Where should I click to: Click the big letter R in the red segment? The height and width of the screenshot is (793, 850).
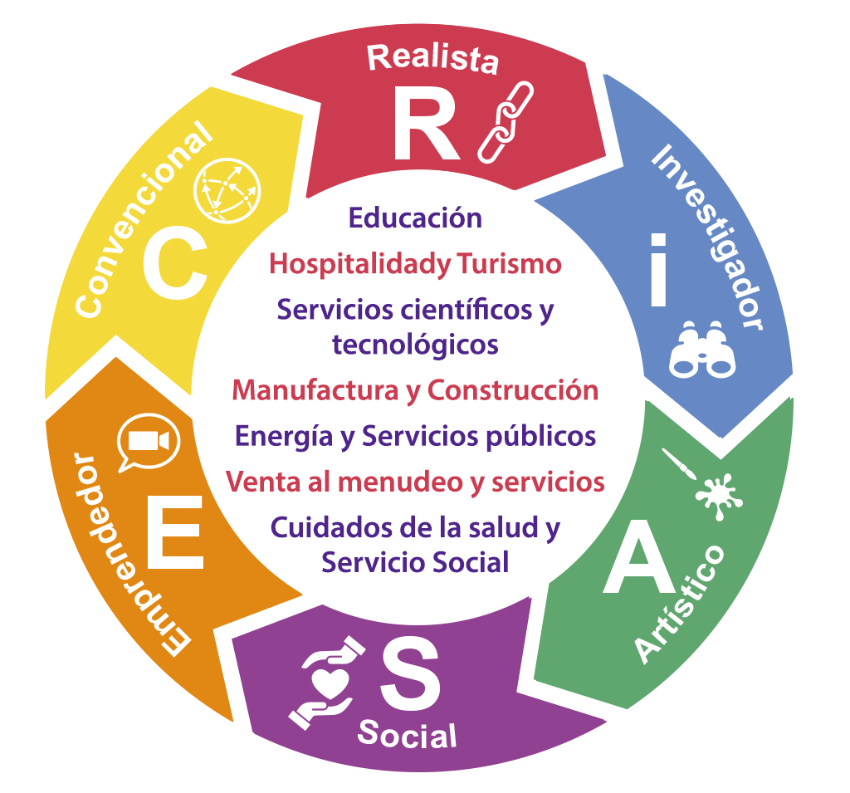[x=426, y=124]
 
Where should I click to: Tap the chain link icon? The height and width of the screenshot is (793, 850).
[x=506, y=122]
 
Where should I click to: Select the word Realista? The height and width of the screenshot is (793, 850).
[x=432, y=59]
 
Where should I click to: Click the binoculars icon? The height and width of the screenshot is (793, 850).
[x=702, y=350]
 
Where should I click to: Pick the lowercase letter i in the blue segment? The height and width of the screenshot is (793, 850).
[x=658, y=270]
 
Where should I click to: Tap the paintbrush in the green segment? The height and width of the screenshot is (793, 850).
[x=678, y=464]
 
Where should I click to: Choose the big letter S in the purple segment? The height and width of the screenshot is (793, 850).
[x=410, y=673]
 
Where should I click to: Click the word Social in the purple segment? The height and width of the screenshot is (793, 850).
[x=407, y=735]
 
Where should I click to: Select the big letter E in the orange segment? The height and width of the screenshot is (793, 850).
[x=175, y=532]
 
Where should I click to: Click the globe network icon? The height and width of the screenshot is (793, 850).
[x=227, y=191]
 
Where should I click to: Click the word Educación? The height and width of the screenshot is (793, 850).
[x=415, y=218]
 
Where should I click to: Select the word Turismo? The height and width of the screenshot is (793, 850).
[x=509, y=265]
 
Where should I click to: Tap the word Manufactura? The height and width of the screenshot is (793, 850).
[x=315, y=390]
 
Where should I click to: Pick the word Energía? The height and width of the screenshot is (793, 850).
[x=284, y=437]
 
